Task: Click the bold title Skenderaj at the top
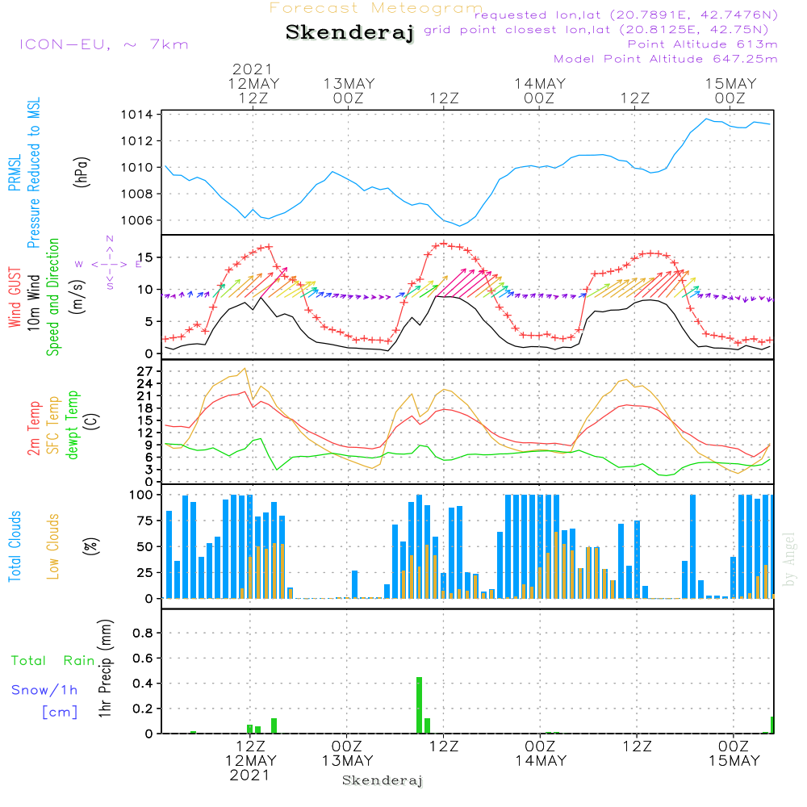pyautogui.click(x=349, y=32)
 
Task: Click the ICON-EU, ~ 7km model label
pyautogui.click(x=104, y=44)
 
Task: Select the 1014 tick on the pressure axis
pyautogui.click(x=137, y=115)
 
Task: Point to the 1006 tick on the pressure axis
pyautogui.click(x=137, y=220)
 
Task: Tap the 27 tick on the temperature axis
pyautogui.click(x=145, y=371)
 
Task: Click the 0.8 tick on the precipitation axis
pyautogui.click(x=143, y=633)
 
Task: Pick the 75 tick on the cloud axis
pyautogui.click(x=145, y=521)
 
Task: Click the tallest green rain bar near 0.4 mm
pyautogui.click(x=419, y=705)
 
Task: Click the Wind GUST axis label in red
pyautogui.click(x=15, y=297)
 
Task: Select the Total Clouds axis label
pyautogui.click(x=15, y=546)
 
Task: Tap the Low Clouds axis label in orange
pyautogui.click(x=52, y=546)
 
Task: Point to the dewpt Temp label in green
pyautogui.click(x=72, y=424)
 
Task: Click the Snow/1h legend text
pyautogui.click(x=44, y=690)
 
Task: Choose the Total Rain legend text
pyautogui.click(x=53, y=660)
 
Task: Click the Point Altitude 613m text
pyautogui.click(x=703, y=44)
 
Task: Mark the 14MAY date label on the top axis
pyautogui.click(x=540, y=83)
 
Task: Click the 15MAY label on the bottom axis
pyautogui.click(x=734, y=761)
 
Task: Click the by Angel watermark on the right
pyautogui.click(x=789, y=559)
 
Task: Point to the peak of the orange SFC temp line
pyautogui.click(x=245, y=369)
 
